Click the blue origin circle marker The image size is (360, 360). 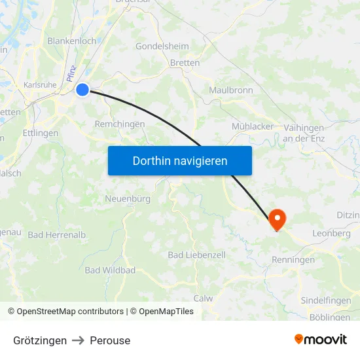click(x=82, y=90)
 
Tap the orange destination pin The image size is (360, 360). click(x=277, y=218)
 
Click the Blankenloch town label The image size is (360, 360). click(x=72, y=41)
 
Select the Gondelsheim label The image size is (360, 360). click(x=162, y=46)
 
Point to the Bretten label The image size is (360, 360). click(x=185, y=63)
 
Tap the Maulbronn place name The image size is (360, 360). click(x=231, y=90)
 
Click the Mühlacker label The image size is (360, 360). click(x=253, y=126)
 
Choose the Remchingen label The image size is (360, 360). click(x=120, y=124)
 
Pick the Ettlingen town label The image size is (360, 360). click(x=40, y=133)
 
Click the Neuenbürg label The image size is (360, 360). click(x=128, y=198)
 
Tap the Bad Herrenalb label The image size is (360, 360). click(x=57, y=234)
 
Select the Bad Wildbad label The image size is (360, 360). click(x=110, y=270)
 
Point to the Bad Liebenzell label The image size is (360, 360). click(x=197, y=255)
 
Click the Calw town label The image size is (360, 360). click(x=204, y=298)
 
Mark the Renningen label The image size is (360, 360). click(x=293, y=260)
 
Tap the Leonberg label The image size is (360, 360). click(x=332, y=233)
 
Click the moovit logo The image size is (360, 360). click(x=321, y=340)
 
